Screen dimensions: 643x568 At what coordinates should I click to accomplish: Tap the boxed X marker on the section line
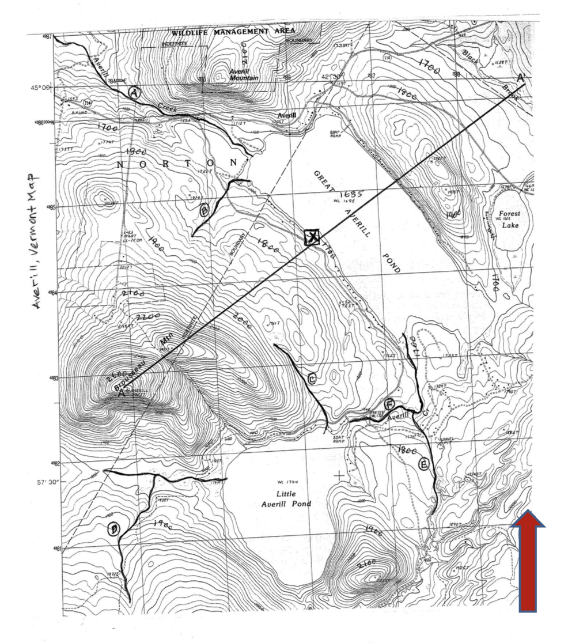click(312, 237)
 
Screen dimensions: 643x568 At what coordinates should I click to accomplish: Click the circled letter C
click(312, 379)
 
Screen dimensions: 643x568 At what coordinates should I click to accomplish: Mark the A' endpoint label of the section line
click(521, 78)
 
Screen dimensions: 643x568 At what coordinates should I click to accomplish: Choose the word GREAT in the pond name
click(324, 180)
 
